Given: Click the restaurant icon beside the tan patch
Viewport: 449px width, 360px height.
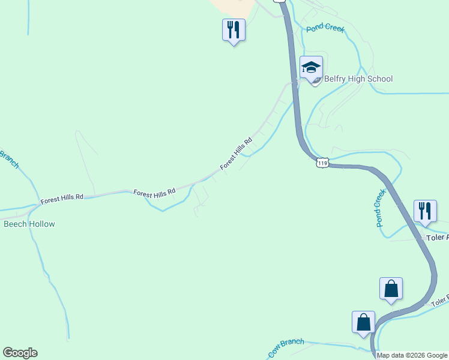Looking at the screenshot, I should click(x=234, y=29).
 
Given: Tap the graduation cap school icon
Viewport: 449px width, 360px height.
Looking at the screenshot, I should click(x=311, y=67).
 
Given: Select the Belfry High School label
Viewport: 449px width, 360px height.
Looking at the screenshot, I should click(x=358, y=79).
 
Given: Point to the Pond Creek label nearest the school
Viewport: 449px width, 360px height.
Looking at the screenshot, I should click(x=325, y=28).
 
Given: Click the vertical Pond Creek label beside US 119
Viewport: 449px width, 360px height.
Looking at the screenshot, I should click(x=380, y=208).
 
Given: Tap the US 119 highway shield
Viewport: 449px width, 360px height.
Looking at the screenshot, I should click(x=323, y=163).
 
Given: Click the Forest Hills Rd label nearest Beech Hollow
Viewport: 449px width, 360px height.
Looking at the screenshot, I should click(x=62, y=199).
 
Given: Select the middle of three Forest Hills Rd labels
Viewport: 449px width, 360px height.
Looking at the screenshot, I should click(x=154, y=193).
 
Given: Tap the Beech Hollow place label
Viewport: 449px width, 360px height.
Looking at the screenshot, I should click(x=29, y=224).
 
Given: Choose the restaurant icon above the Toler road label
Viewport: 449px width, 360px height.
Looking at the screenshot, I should click(x=425, y=212).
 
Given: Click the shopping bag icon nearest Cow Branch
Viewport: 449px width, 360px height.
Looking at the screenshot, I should click(x=364, y=322).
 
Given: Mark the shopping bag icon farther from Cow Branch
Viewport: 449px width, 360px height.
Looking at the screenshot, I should click(x=391, y=289).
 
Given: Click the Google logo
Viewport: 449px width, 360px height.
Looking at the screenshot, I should click(x=20, y=353).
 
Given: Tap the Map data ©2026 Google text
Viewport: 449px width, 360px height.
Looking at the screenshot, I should click(x=412, y=355).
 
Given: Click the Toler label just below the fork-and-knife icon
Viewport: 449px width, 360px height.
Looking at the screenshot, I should click(x=438, y=238).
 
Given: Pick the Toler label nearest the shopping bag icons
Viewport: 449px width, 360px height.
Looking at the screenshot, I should click(x=440, y=300).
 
